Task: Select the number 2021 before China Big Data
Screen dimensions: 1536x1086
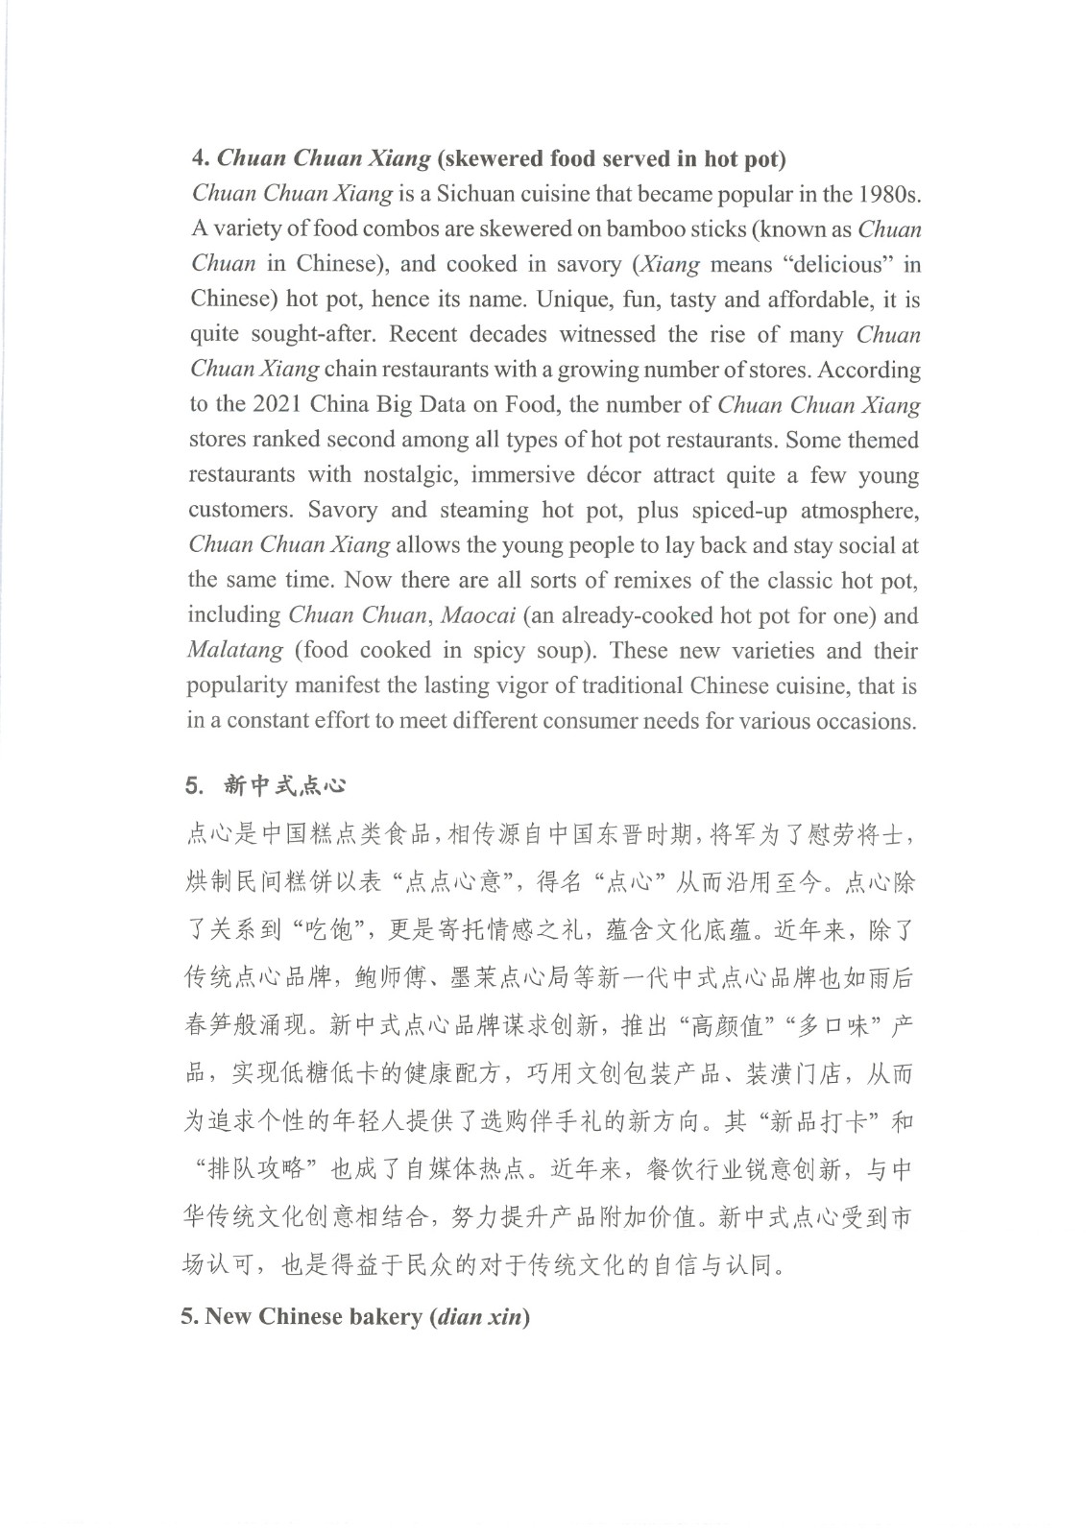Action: [x=278, y=405]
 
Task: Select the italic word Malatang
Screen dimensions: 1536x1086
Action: [x=235, y=651]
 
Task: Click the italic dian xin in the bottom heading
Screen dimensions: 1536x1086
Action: [x=479, y=1316]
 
